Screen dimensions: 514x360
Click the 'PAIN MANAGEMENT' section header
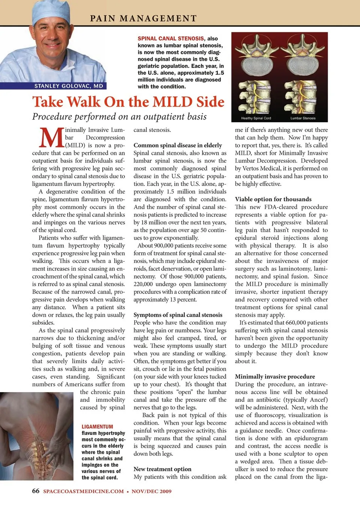tap(143, 18)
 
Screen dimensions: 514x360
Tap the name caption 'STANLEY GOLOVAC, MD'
tap(69, 86)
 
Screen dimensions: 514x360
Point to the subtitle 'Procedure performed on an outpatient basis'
tap(119, 117)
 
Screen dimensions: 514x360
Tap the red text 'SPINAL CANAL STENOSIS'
tap(171, 39)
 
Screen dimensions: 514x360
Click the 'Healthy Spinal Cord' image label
tap(256, 118)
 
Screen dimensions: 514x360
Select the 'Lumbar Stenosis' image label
tap(303, 118)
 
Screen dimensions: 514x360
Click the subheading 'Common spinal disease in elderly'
tap(178, 145)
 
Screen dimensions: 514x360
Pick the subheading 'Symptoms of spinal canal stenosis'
tap(178, 315)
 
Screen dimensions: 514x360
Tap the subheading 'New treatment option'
tap(162, 469)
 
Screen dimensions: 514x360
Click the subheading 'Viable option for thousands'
tap(273, 199)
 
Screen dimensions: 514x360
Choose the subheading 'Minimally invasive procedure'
tap(275, 376)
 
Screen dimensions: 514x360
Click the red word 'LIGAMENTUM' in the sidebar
tap(97, 427)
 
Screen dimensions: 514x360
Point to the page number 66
tap(36, 491)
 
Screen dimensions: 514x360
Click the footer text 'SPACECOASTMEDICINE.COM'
tap(83, 491)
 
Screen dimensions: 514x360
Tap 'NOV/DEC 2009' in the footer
tap(151, 491)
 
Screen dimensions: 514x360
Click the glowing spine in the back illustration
tap(38, 452)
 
